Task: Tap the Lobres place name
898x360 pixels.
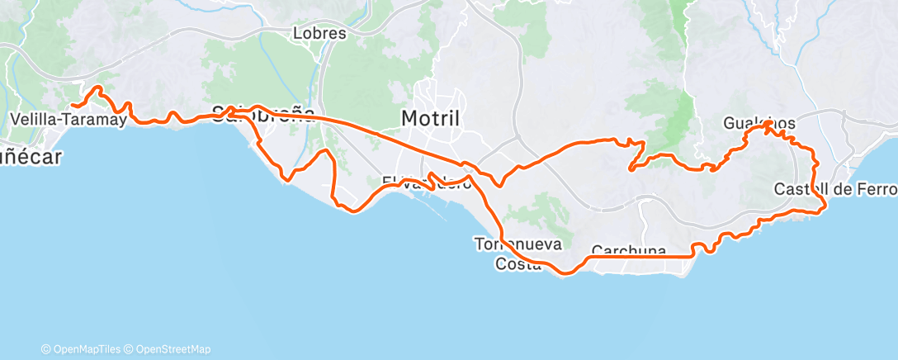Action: point(319,34)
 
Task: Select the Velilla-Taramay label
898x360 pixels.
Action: point(68,121)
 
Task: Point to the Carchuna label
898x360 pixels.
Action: point(629,250)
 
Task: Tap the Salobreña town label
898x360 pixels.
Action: point(263,114)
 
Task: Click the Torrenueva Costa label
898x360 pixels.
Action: point(518,253)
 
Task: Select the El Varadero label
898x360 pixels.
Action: point(426,182)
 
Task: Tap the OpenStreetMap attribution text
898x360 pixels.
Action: point(173,349)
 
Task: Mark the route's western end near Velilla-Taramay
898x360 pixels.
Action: point(71,106)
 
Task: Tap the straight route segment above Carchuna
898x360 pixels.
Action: point(636,258)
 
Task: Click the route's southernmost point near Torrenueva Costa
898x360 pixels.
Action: point(563,273)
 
